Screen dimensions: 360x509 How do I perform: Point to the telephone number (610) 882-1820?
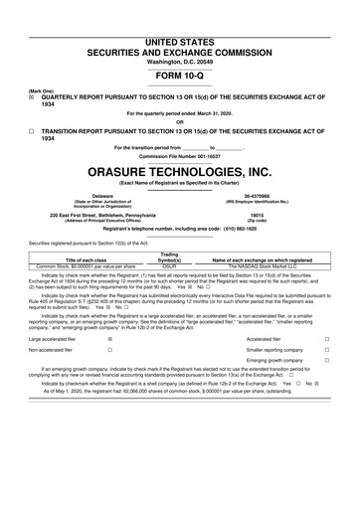point(249,229)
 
